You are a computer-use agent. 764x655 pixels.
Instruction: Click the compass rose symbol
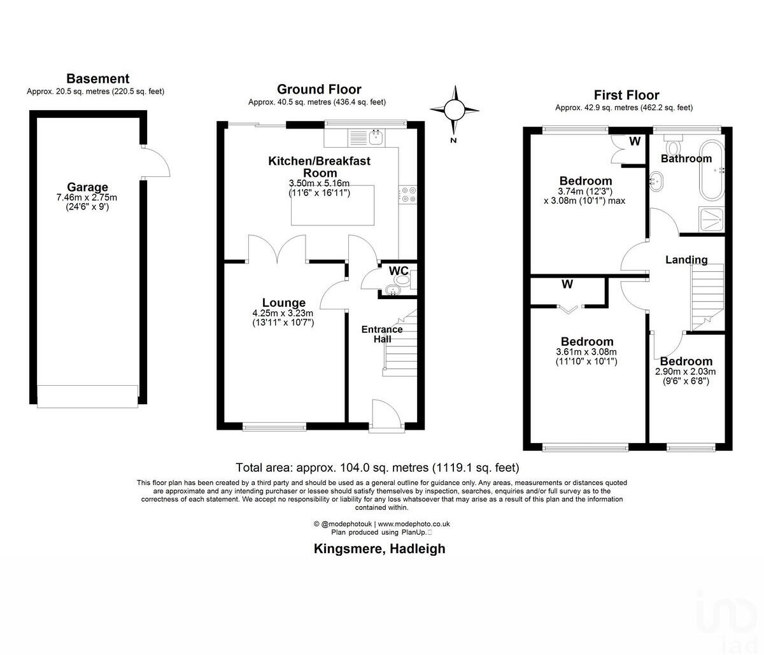coord(454,110)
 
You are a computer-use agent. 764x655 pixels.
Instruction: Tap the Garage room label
coord(87,187)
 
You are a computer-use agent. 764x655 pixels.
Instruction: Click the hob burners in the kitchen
coord(407,194)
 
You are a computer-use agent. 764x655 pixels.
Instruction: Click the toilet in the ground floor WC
coord(402,279)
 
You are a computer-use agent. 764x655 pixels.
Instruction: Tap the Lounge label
coord(284,303)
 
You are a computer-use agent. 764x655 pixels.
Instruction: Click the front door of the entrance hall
coord(385,414)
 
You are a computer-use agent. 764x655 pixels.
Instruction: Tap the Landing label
coord(686,260)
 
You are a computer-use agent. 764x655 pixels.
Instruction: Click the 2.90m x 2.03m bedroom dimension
coord(686,372)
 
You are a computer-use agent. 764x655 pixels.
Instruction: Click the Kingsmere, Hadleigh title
coord(379,549)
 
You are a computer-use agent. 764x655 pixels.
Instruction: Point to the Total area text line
coord(377,468)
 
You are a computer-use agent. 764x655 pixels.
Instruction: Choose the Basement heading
coord(97,79)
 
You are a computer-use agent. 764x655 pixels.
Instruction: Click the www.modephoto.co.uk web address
coord(418,523)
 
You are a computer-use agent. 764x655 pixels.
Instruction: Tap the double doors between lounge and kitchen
coord(278,250)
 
